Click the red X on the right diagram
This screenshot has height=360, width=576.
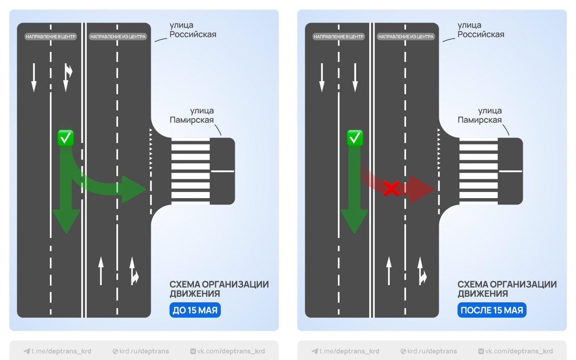point(392,188)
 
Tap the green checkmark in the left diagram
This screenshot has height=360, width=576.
point(65,138)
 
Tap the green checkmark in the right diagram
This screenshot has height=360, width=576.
point(355,138)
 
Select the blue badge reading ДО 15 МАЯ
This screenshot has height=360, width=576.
point(195,310)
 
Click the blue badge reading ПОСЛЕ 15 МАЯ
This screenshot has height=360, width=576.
point(492,310)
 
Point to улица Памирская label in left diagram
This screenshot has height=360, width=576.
point(192,116)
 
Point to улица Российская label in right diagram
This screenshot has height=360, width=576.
point(480,30)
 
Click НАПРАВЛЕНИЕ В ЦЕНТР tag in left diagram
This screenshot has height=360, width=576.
point(51,36)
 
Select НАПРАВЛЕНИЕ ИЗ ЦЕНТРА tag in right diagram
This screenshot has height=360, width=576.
point(406,36)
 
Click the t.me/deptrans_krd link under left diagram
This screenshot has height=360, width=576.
point(58,351)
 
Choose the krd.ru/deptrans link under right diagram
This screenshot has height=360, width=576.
point(429,351)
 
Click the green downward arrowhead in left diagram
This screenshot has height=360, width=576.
point(66,221)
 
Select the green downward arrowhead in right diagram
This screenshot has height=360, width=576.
point(354,221)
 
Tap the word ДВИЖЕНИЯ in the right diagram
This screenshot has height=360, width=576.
point(482,293)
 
